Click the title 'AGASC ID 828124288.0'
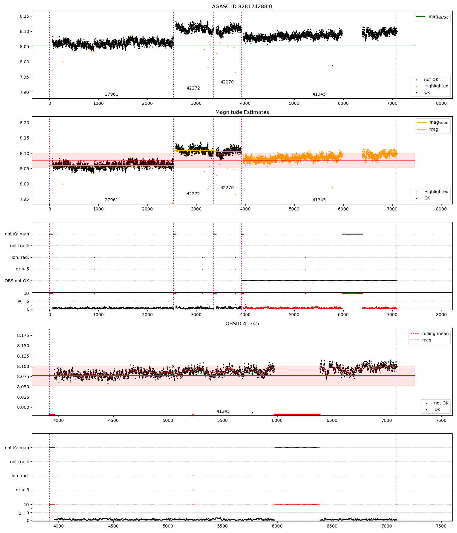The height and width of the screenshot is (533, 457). [242, 7]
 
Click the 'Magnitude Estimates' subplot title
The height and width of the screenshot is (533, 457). [242, 112]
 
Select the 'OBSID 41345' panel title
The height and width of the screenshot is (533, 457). [242, 324]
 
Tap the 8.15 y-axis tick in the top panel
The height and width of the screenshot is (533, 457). [24, 16]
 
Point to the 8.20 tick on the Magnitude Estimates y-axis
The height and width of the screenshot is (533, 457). [24, 123]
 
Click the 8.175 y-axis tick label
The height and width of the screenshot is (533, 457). [23, 336]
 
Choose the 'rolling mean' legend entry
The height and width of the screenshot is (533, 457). [429, 334]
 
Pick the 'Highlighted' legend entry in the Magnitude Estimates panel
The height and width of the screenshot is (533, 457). [433, 192]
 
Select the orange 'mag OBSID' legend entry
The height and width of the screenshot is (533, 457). [433, 123]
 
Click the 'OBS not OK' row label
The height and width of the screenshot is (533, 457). [17, 281]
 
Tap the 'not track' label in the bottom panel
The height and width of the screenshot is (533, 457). [19, 462]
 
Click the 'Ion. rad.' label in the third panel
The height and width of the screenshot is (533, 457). [20, 258]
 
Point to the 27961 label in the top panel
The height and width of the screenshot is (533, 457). [112, 94]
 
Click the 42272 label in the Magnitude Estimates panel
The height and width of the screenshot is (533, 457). [193, 194]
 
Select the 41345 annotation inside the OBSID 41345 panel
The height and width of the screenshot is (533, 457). [223, 411]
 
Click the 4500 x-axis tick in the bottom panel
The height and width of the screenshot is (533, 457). [113, 526]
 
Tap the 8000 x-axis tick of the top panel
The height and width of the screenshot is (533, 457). [441, 103]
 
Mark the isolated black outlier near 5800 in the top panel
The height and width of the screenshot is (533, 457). [332, 65]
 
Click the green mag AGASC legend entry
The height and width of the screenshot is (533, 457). [432, 17]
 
